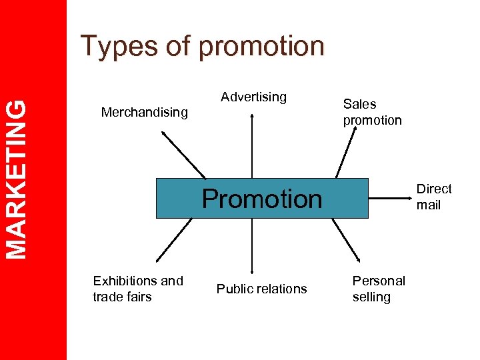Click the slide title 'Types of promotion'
[202, 46]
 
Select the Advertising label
[253, 97]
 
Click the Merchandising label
[144, 112]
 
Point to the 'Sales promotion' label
[372, 112]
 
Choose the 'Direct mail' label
[433, 197]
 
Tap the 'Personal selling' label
[378, 289]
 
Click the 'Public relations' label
[261, 289]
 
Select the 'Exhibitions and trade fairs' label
[137, 289]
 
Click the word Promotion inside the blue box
[261, 199]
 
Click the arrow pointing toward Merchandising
[184, 154]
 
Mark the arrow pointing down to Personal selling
[346, 239]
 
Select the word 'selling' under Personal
[371, 297]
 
